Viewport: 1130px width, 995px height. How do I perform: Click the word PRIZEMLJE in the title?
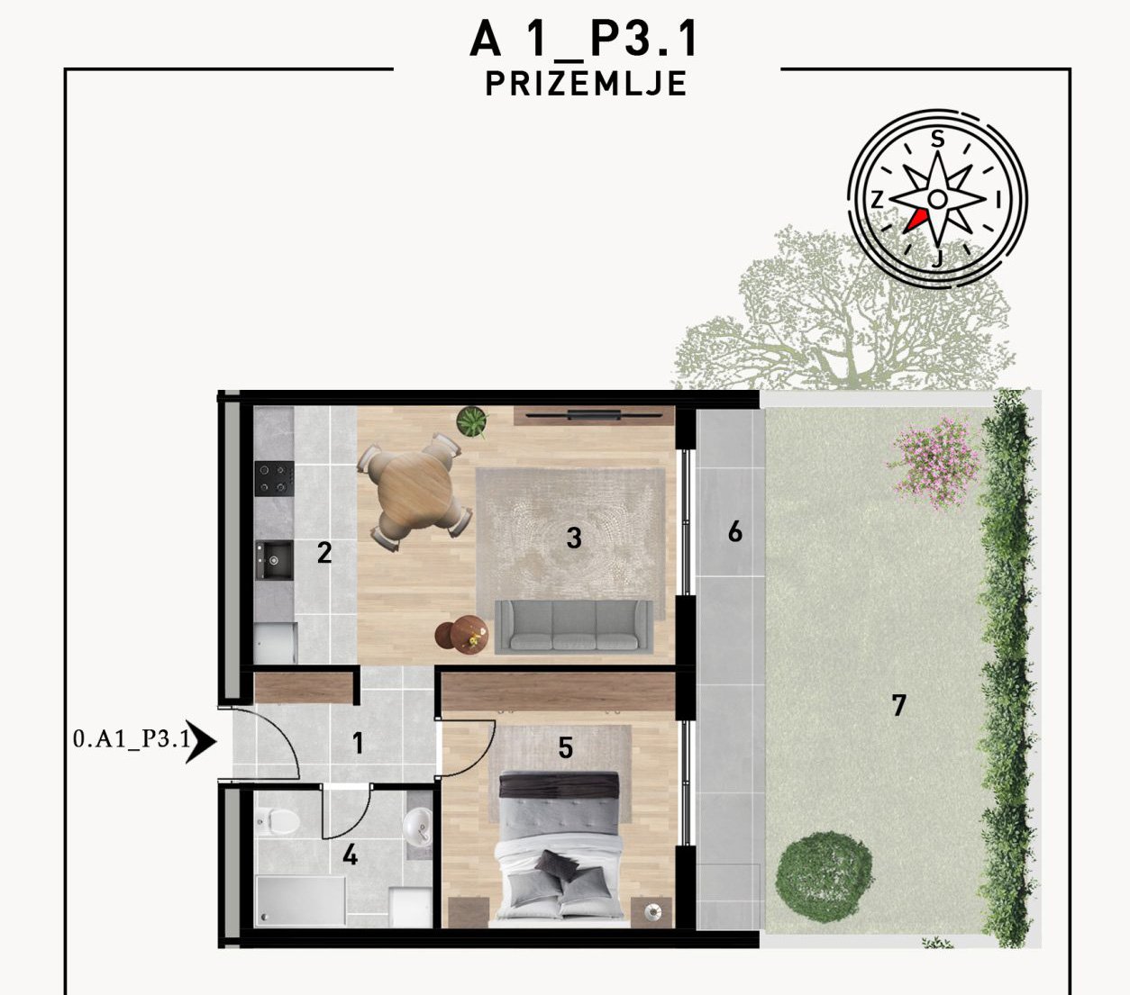point(586,84)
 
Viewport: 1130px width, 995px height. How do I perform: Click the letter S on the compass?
point(938,139)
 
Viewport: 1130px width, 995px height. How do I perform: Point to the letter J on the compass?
point(937,258)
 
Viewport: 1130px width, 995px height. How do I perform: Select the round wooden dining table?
point(414,492)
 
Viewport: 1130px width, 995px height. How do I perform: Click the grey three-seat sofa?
point(573,626)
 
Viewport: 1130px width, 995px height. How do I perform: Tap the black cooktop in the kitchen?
point(274,478)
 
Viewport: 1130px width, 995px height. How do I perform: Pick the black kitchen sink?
point(274,560)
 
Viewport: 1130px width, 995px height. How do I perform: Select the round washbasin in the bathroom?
point(416,826)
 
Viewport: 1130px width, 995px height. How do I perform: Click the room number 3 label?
point(574,538)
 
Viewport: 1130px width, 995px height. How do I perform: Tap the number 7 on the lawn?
point(898,705)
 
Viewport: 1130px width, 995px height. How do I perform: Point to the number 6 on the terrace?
point(735,532)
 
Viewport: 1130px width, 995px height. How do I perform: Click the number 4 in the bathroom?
point(350,855)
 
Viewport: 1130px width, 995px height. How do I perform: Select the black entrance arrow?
point(201,741)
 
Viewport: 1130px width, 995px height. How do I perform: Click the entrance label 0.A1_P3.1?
point(132,739)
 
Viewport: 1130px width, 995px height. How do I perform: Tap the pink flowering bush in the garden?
point(934,463)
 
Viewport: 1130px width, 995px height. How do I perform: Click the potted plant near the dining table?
point(472,421)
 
